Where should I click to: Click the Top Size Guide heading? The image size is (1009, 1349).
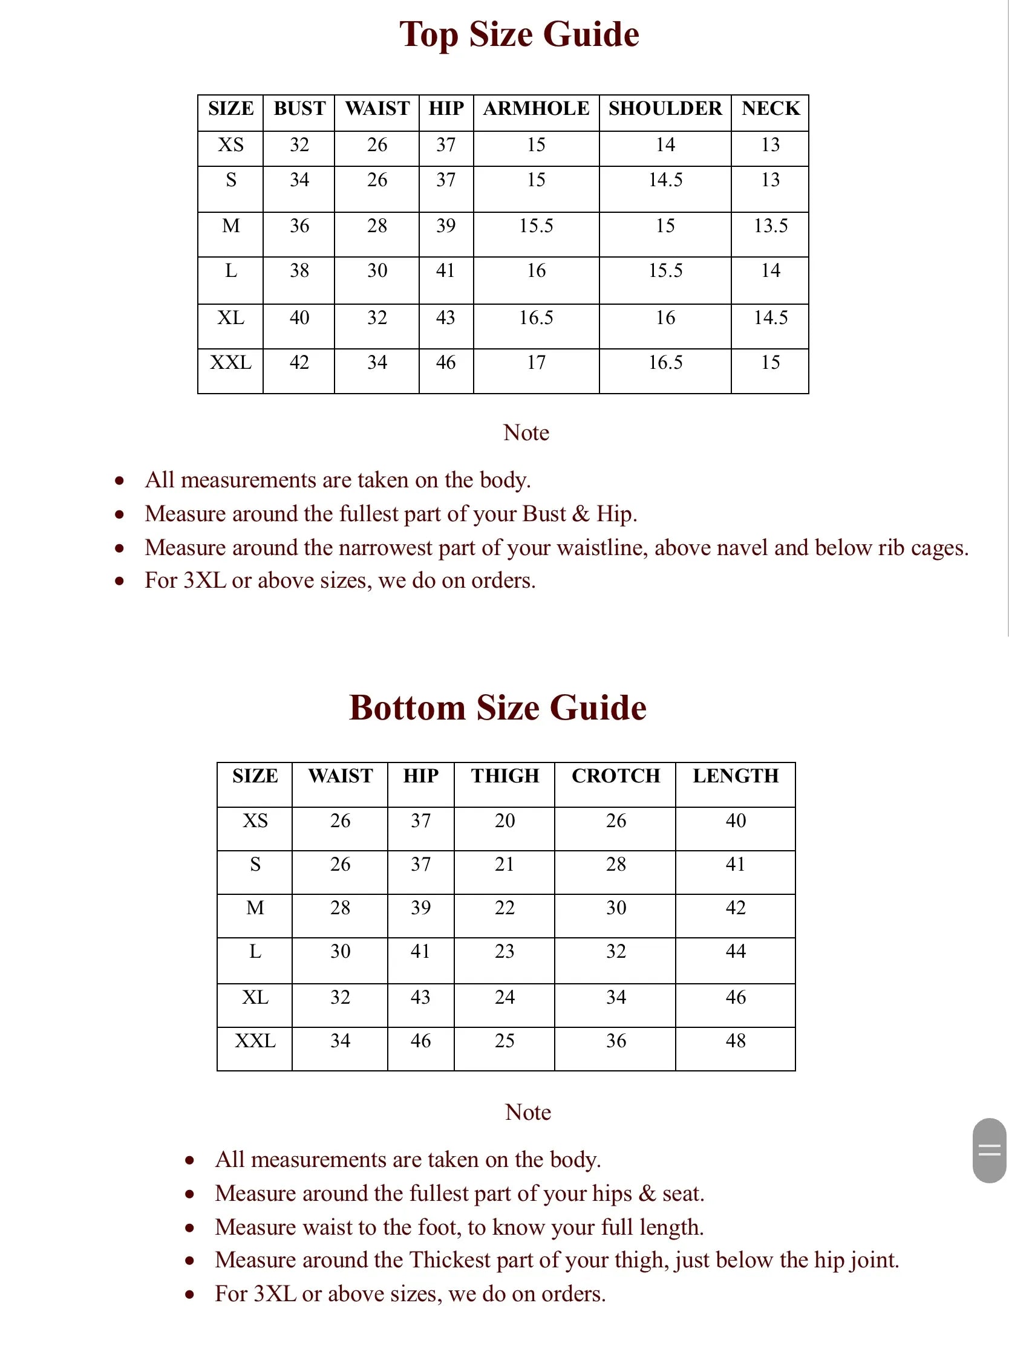(x=519, y=34)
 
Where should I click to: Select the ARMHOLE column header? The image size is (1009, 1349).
(x=536, y=109)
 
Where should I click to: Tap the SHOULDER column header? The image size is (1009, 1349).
(x=665, y=109)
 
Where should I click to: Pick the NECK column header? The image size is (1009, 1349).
(x=770, y=109)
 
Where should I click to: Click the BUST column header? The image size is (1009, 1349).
(x=299, y=109)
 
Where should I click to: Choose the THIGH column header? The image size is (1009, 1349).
(x=504, y=776)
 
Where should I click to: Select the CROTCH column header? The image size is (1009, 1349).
(x=616, y=776)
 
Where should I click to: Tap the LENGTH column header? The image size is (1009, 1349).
(x=736, y=776)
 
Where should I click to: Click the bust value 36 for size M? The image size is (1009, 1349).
(x=299, y=226)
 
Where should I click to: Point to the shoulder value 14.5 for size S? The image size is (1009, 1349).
(x=665, y=180)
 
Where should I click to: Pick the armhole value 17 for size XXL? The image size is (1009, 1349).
(x=536, y=362)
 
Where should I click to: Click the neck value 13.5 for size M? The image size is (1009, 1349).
(x=770, y=226)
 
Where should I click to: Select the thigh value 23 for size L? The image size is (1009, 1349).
(x=504, y=951)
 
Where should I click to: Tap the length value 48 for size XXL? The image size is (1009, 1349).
(x=736, y=1041)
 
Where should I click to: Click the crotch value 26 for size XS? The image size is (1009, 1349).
(x=616, y=821)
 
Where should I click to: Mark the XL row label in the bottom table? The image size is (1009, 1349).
(x=255, y=997)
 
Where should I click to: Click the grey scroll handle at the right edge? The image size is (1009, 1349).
(x=989, y=1150)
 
